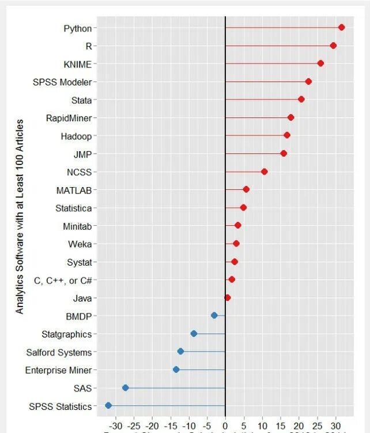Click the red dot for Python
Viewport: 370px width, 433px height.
(x=341, y=27)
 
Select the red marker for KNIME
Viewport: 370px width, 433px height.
(x=320, y=64)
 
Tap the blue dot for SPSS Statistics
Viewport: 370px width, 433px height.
(x=108, y=406)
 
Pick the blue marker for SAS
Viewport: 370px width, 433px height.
(x=125, y=388)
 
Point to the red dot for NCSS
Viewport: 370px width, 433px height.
(x=264, y=171)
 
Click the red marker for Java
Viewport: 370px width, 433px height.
(x=228, y=298)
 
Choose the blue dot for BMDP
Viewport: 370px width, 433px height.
(x=214, y=315)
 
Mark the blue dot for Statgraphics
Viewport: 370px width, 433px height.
(x=194, y=334)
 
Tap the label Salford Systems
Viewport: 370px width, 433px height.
(x=59, y=352)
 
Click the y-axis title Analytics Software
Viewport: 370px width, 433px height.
(x=20, y=216)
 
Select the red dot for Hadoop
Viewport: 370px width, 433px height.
(x=286, y=135)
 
